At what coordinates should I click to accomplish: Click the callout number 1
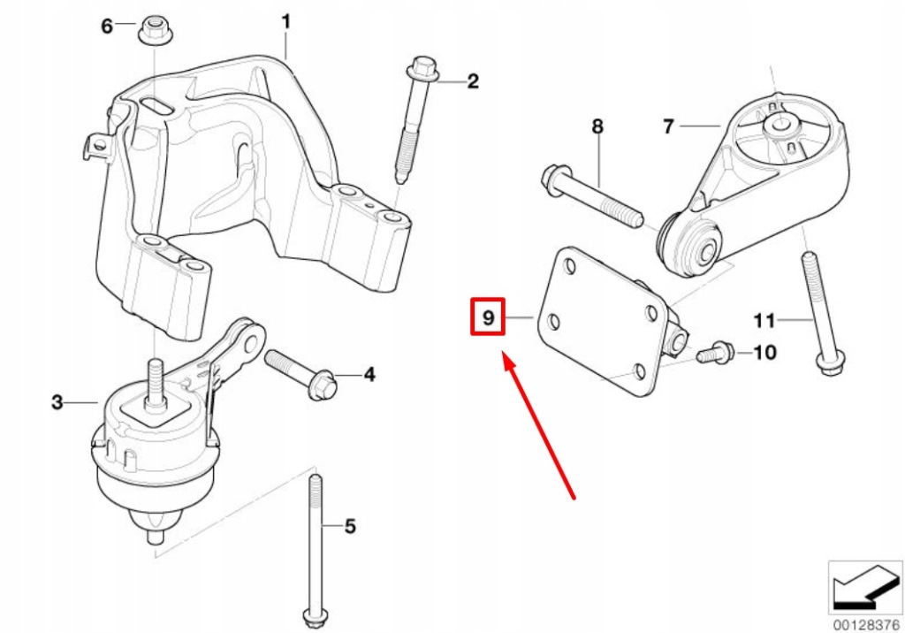tap(285, 19)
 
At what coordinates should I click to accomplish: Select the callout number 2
tap(473, 82)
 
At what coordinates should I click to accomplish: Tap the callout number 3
tap(57, 403)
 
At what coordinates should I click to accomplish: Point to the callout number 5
tap(350, 527)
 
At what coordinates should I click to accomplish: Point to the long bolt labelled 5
tap(314, 548)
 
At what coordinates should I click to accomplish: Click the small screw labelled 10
tap(711, 354)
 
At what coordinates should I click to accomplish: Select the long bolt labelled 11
tap(820, 318)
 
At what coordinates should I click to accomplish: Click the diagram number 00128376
tap(863, 624)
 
